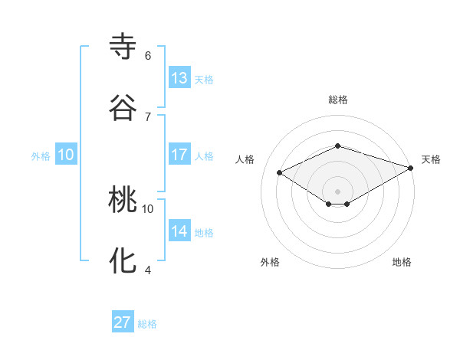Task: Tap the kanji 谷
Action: click(123, 106)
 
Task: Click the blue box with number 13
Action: click(179, 78)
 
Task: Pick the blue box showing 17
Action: click(179, 155)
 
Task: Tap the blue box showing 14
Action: click(179, 231)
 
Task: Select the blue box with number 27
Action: click(123, 322)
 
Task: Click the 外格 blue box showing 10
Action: click(66, 155)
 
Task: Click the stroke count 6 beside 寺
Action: click(147, 56)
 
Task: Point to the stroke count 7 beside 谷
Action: click(147, 116)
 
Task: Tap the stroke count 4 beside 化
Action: click(147, 270)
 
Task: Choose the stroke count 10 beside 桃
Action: click(148, 208)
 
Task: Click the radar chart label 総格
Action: click(337, 100)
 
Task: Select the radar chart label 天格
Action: click(431, 159)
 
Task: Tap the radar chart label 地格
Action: click(402, 262)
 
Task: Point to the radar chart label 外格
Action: click(270, 262)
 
